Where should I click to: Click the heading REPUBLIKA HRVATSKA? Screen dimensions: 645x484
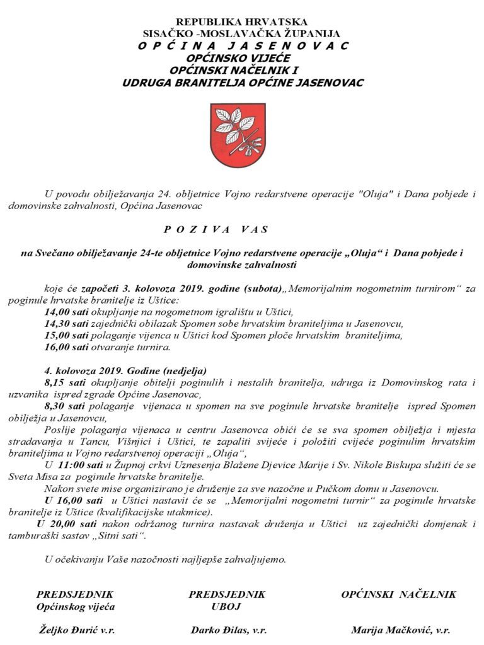(x=241, y=22)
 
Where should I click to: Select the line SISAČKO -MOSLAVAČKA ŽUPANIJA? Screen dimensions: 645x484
(x=241, y=34)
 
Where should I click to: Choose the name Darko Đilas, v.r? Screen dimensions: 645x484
(x=228, y=629)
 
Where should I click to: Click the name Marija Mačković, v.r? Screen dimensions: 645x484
(x=400, y=629)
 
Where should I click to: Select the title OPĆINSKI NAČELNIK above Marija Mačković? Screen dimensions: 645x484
(x=399, y=594)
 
